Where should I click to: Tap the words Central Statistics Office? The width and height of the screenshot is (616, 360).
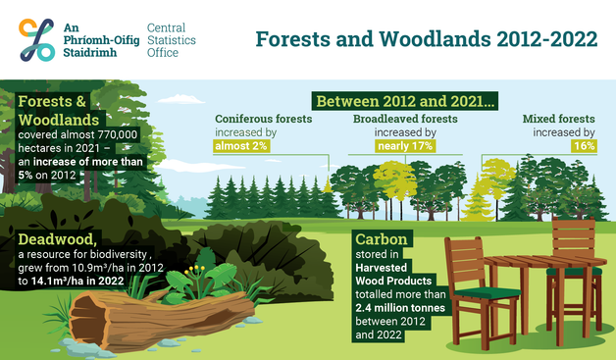[x=172, y=39]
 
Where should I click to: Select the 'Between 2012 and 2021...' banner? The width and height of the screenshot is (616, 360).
[x=405, y=100]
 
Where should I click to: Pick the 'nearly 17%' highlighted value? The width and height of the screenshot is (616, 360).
[x=404, y=146]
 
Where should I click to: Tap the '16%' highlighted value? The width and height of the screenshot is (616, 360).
[x=583, y=146]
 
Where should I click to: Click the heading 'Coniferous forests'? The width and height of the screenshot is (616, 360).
[x=263, y=119]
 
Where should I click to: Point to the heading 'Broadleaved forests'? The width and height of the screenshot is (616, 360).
[x=403, y=119]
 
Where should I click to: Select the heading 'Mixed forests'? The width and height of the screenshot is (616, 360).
[x=558, y=119]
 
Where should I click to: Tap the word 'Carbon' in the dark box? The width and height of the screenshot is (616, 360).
[x=383, y=239]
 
